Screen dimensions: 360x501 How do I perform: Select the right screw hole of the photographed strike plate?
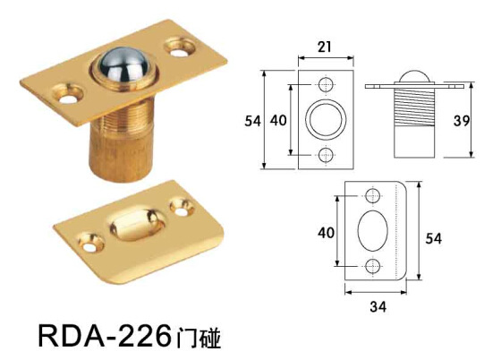tap(186, 208)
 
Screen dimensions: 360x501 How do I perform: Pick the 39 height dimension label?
tap(484, 120)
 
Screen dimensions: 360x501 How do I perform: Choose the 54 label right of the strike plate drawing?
tap(433, 237)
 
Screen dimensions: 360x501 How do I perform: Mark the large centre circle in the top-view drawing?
tap(324, 119)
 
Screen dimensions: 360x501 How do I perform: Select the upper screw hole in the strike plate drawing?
tap(373, 196)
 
